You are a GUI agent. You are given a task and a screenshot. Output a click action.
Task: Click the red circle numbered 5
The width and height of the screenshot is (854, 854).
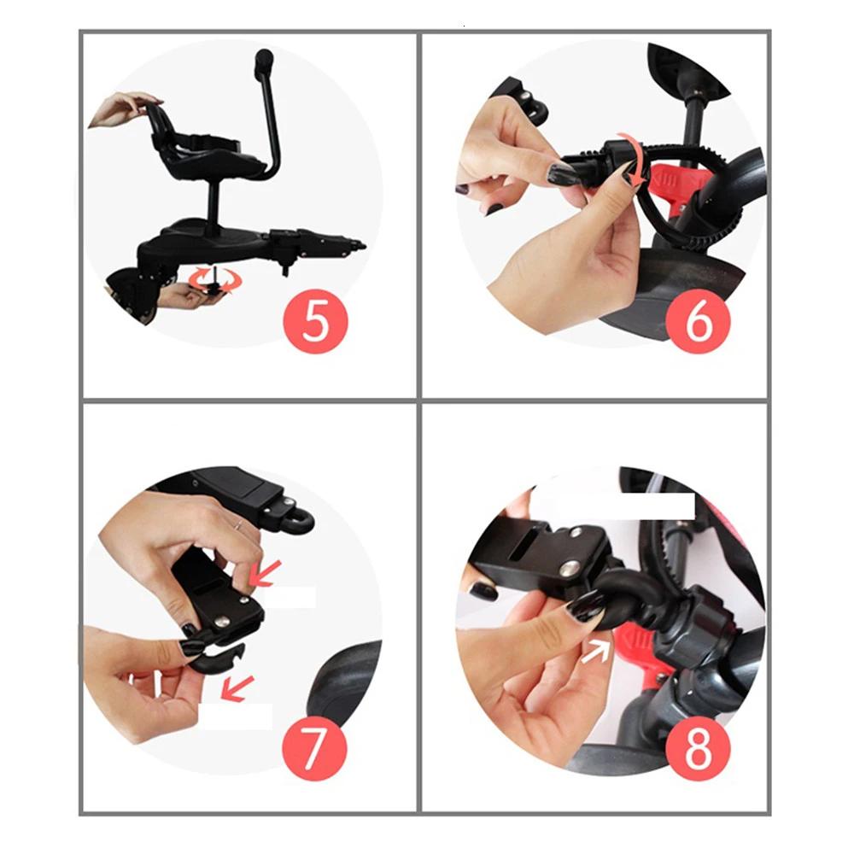coord(315,321)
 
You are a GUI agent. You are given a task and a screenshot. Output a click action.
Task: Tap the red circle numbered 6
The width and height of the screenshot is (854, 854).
coord(698,321)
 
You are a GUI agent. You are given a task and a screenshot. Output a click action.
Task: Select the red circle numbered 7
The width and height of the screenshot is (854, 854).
coord(314,747)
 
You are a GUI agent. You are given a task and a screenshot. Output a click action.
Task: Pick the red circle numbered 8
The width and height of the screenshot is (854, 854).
coord(698,747)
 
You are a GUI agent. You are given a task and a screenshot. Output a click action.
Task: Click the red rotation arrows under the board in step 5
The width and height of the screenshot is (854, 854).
coord(211,279)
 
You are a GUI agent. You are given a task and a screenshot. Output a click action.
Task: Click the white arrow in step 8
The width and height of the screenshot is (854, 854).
coord(596,651)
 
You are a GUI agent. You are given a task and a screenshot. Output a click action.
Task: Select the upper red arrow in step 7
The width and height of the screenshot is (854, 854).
coord(266,573)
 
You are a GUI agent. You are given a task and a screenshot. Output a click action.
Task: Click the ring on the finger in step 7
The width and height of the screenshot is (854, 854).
coord(238,525)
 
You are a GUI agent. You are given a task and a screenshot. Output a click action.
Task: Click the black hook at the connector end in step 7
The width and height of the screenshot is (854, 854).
coord(218,656)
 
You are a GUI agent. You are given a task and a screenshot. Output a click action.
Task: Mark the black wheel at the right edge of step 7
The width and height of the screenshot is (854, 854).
coord(344,681)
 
